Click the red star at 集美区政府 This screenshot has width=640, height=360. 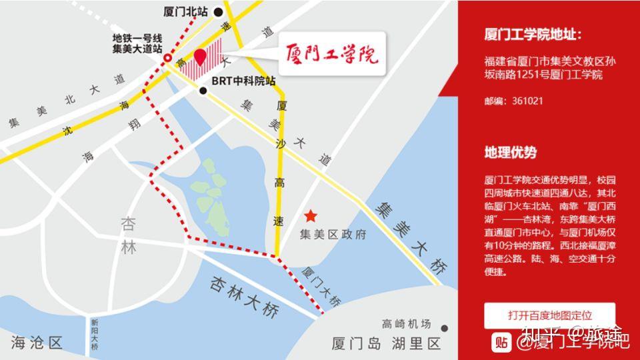(x=310, y=216)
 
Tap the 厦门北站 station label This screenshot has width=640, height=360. (x=185, y=11)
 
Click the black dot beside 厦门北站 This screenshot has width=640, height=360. (x=218, y=11)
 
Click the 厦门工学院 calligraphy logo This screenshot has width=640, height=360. (x=331, y=53)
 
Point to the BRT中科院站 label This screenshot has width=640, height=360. (x=243, y=81)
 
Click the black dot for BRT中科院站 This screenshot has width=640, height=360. (x=203, y=89)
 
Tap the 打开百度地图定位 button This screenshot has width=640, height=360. (x=549, y=315)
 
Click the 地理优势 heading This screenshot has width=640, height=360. (x=510, y=152)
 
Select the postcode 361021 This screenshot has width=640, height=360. (x=527, y=101)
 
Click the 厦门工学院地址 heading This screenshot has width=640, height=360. (x=533, y=35)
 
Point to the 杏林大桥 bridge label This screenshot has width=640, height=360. (x=243, y=296)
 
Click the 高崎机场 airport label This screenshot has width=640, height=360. (x=407, y=325)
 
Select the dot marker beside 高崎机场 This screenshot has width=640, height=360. (x=444, y=328)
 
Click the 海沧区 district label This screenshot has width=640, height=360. (x=37, y=343)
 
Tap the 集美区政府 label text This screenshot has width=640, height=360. (x=333, y=235)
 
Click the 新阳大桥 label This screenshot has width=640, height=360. (x=94, y=333)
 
